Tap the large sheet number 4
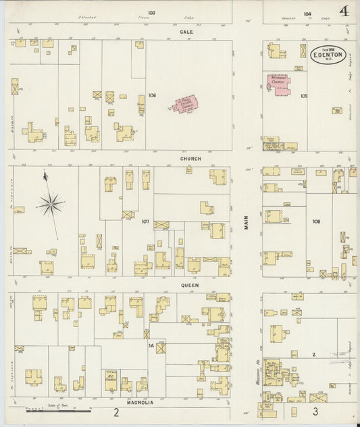coord(345,11)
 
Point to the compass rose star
coord(51,203)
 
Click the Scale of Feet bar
coord(57,409)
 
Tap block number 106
coord(153,95)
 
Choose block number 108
coord(316,221)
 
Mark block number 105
coord(304,96)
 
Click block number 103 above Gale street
coord(151,12)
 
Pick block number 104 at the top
coord(307,12)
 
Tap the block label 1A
coord(152,346)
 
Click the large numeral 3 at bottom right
coord(315,411)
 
